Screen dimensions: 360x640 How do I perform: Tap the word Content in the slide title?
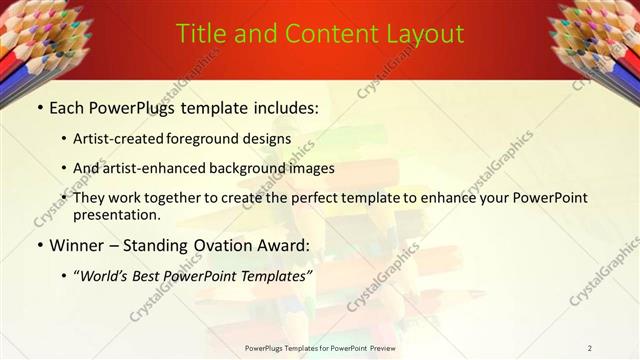323,34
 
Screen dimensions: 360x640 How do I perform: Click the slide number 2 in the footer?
590,348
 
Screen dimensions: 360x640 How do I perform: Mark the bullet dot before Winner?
39,244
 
